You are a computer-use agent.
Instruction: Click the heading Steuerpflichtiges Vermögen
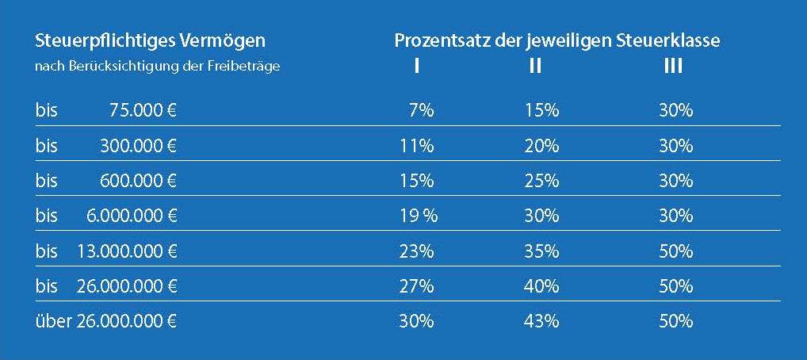pyautogui.click(x=151, y=40)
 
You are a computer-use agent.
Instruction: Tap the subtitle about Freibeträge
pyautogui.click(x=158, y=67)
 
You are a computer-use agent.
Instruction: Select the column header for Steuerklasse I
pyautogui.click(x=417, y=67)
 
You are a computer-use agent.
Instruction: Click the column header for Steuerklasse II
pyautogui.click(x=536, y=67)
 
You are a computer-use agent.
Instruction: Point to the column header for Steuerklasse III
pyautogui.click(x=673, y=67)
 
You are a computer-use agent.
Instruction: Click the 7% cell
pyautogui.click(x=421, y=111)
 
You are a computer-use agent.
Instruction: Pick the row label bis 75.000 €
pyautogui.click(x=106, y=111)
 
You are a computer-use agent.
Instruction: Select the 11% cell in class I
pyautogui.click(x=417, y=146)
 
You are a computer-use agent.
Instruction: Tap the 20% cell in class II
pyautogui.click(x=542, y=146)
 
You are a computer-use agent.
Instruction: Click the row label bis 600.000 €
pyautogui.click(x=106, y=181)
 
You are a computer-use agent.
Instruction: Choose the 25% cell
pyautogui.click(x=542, y=181)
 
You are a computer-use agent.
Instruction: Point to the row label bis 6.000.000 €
pyautogui.click(x=106, y=216)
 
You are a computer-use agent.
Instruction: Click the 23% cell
pyautogui.click(x=417, y=251)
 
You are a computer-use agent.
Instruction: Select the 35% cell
pyautogui.click(x=542, y=251)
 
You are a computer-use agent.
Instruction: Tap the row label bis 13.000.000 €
pyautogui.click(x=106, y=251)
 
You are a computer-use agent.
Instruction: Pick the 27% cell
pyautogui.click(x=417, y=286)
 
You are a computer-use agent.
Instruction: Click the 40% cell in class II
pyautogui.click(x=542, y=286)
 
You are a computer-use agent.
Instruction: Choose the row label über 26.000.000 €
pyautogui.click(x=106, y=321)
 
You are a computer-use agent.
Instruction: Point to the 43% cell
pyautogui.click(x=542, y=321)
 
